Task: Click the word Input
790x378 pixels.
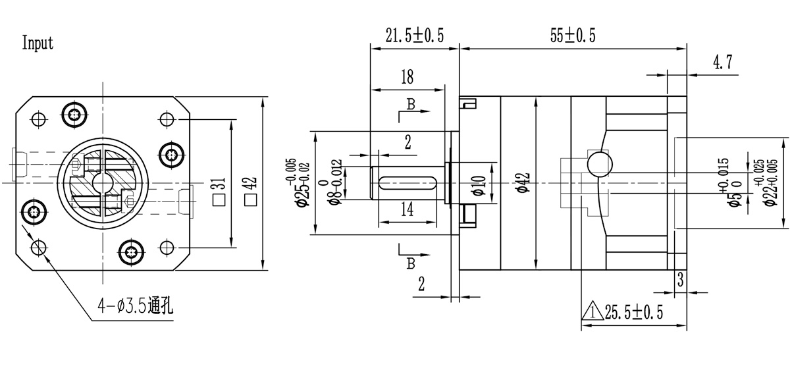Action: pyautogui.click(x=38, y=44)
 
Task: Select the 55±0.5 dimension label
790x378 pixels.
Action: pyautogui.click(x=573, y=37)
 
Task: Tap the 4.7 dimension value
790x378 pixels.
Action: pyautogui.click(x=722, y=63)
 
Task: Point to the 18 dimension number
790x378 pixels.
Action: pyautogui.click(x=406, y=77)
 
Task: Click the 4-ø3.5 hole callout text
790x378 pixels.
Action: pyautogui.click(x=135, y=306)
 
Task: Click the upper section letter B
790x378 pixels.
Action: pyautogui.click(x=410, y=105)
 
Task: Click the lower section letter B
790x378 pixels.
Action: pyautogui.click(x=410, y=263)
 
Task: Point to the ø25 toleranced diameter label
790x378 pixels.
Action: pyautogui.click(x=300, y=184)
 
